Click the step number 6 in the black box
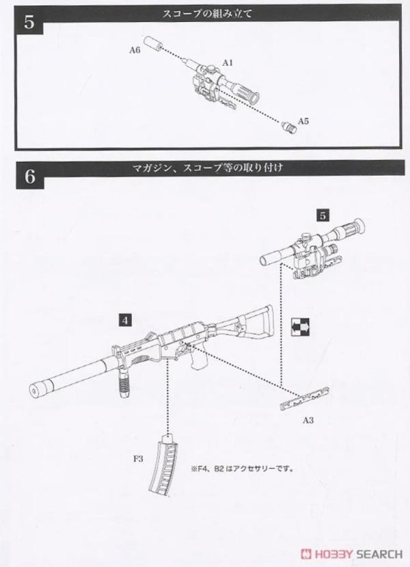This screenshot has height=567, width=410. pyautogui.click(x=29, y=176)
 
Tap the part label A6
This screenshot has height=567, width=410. pyautogui.click(x=135, y=51)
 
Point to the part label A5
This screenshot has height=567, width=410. pyautogui.click(x=303, y=121)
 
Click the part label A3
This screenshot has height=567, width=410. pyautogui.click(x=308, y=419)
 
